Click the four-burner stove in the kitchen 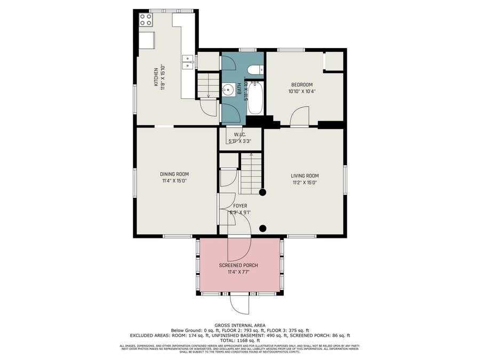point(146,20)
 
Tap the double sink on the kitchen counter point(187,62)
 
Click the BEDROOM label point(301,85)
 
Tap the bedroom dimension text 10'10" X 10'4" point(302,91)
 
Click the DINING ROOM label point(174,174)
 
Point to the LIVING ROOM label point(305,175)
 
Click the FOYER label point(240,205)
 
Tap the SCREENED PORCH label point(238,265)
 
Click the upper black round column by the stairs point(262,192)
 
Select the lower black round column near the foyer point(262,229)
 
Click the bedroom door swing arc point(300,115)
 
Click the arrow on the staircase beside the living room point(251,156)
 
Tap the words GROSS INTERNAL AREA point(239,325)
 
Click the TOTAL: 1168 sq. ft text point(239,340)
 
